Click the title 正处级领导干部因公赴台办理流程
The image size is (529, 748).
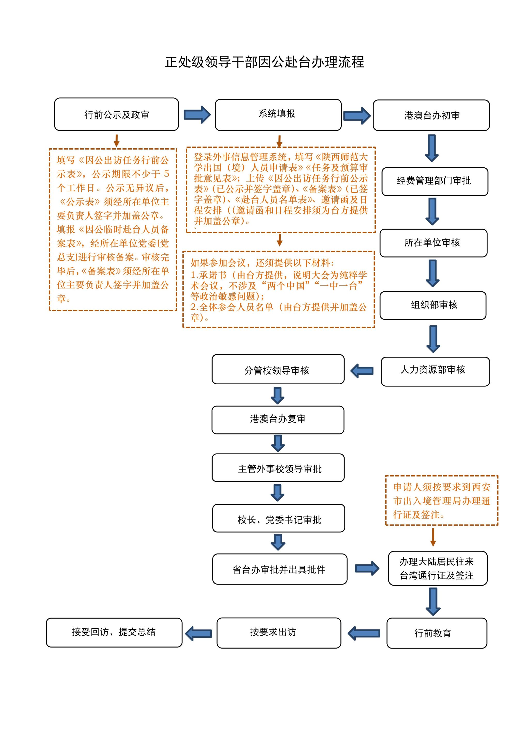(264, 62)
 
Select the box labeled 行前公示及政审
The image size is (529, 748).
(116, 114)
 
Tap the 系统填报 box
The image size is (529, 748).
(278, 115)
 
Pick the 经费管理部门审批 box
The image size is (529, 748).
(434, 182)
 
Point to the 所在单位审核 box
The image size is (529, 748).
(433, 243)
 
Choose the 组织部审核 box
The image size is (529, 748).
(433, 305)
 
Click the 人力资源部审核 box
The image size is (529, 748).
(435, 371)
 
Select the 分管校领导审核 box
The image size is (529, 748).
(278, 369)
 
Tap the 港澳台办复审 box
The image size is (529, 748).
(278, 420)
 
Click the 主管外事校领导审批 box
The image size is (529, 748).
(278, 467)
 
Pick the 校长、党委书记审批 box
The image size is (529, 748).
(278, 518)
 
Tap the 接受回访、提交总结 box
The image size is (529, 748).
(114, 632)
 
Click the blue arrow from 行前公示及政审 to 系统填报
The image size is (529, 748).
(197, 114)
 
